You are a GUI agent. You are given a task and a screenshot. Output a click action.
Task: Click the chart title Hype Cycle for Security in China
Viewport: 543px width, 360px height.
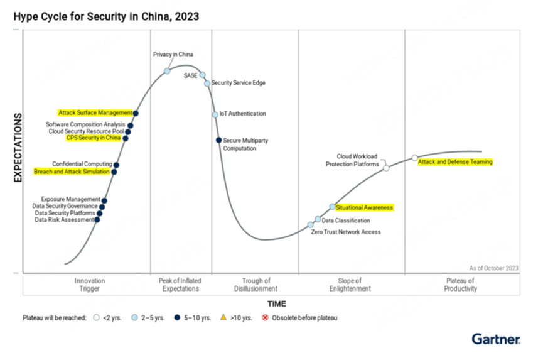click(106, 17)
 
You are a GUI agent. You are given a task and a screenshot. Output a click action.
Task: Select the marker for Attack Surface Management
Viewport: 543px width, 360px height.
click(136, 113)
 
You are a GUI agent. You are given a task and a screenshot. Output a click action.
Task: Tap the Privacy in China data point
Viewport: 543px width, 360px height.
click(168, 71)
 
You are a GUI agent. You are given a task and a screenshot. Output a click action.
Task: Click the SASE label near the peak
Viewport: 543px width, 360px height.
click(190, 75)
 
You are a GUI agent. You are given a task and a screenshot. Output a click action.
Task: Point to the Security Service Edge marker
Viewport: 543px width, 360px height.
click(207, 83)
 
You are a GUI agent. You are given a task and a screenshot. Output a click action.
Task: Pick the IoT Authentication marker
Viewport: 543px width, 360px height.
click(215, 114)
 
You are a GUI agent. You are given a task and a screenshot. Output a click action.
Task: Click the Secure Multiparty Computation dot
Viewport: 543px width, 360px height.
click(218, 140)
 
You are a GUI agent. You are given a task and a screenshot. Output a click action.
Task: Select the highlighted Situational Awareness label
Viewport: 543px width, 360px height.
click(365, 207)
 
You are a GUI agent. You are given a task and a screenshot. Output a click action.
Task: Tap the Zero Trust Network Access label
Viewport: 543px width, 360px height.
click(346, 232)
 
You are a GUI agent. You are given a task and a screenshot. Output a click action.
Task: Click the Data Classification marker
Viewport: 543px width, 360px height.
click(318, 219)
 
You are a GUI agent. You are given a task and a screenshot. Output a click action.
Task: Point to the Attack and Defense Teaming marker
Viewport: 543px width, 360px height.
click(414, 158)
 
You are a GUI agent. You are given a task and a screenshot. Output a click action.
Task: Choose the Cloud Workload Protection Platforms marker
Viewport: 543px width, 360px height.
click(387, 168)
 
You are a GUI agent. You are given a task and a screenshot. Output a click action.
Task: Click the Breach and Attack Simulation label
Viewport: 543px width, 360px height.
click(72, 172)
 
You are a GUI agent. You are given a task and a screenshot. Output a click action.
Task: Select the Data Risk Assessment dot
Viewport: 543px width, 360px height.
click(97, 219)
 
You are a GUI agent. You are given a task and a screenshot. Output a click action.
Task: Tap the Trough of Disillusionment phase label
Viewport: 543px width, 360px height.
click(256, 285)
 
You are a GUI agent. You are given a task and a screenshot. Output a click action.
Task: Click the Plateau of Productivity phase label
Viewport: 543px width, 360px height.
click(461, 285)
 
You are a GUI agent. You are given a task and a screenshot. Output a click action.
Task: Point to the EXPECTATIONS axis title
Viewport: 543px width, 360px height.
click(18, 148)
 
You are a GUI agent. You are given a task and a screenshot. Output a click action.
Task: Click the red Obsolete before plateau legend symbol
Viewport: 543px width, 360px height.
click(266, 318)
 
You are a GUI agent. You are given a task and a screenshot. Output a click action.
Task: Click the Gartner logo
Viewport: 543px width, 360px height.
click(496, 339)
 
